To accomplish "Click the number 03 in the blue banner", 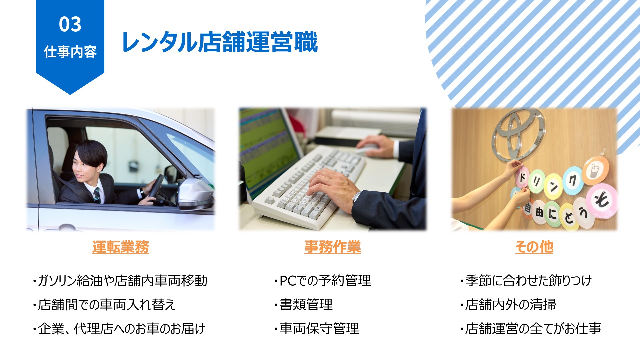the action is point(70,24).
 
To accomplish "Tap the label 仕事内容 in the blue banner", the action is point(70,52).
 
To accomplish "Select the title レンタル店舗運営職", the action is point(220,42).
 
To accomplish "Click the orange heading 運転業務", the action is point(120,247).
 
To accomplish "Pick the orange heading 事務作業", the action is point(332,247).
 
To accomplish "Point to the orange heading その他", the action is point(534,247).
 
